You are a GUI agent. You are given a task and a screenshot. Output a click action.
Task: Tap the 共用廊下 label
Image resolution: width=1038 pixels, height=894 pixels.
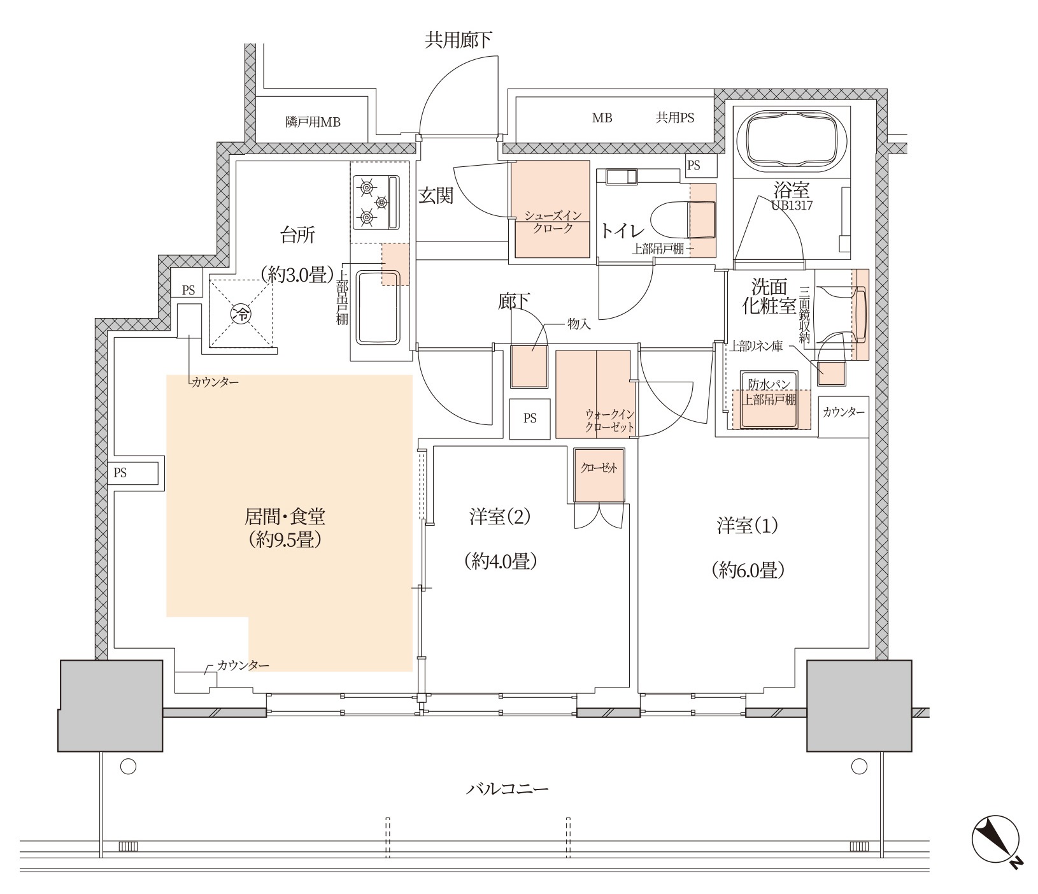point(459,41)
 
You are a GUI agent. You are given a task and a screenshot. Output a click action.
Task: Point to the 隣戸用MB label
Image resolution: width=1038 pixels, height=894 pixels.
point(313,122)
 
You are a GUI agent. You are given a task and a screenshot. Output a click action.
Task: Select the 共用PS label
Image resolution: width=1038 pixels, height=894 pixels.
point(676,118)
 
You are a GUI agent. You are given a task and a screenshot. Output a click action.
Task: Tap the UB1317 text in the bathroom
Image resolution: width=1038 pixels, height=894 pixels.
point(792,206)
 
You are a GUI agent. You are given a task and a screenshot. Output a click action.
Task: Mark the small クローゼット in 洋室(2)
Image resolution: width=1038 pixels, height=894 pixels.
point(599,475)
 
